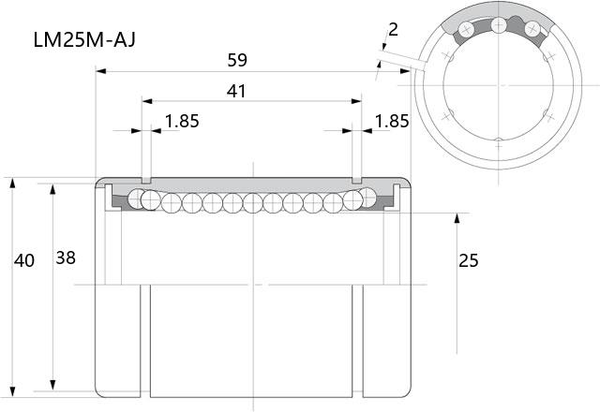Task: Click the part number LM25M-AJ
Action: pyautogui.click(x=84, y=39)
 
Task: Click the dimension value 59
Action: pyautogui.click(x=237, y=60)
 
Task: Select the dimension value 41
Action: pyautogui.click(x=236, y=92)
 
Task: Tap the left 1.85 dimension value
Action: pyautogui.click(x=182, y=121)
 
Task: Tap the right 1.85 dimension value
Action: pyautogui.click(x=392, y=121)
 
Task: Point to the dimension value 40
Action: pyautogui.click(x=24, y=260)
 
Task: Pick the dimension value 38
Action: pyautogui.click(x=66, y=258)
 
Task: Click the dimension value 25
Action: pyautogui.click(x=469, y=260)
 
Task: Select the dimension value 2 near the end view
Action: pyautogui.click(x=393, y=29)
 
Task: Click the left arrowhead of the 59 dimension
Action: pyautogui.click(x=100, y=71)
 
